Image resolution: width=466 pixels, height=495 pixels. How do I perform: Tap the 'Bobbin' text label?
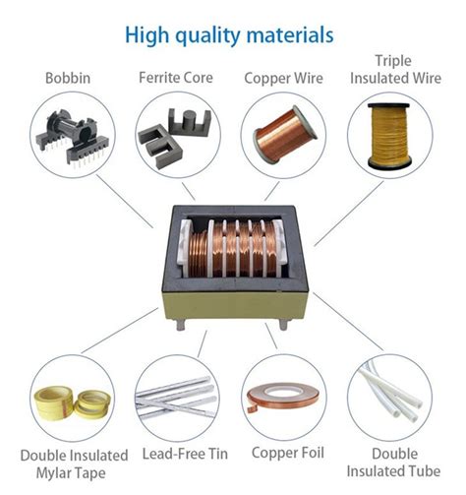tap(69, 77)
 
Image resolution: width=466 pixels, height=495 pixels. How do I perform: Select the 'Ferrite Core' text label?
tap(177, 77)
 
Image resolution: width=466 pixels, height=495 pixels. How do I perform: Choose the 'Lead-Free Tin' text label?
tap(177, 455)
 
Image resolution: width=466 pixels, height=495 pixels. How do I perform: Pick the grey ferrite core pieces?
tap(177, 133)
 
